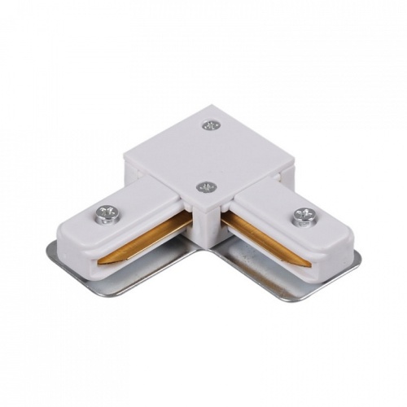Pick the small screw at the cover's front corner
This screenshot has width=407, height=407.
(207, 187)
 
